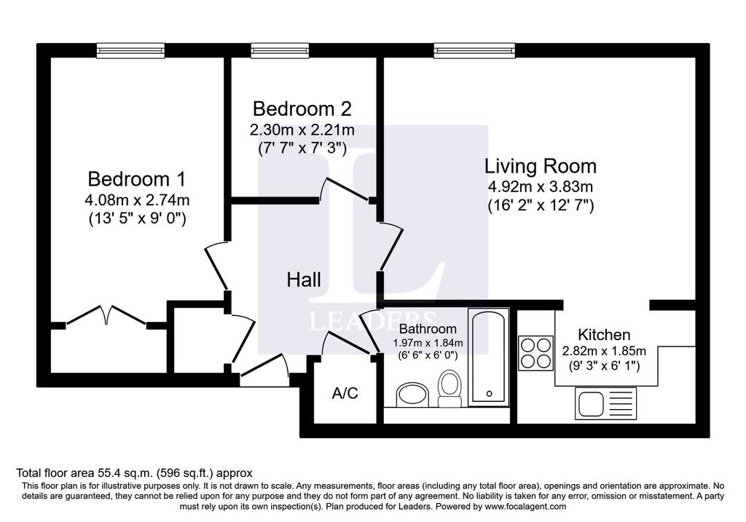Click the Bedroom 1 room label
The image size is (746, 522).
(x=136, y=179)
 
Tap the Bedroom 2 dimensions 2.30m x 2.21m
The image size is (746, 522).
(x=302, y=130)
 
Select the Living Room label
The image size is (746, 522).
(x=541, y=167)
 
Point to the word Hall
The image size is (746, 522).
(x=304, y=280)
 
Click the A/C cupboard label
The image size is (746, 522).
(x=345, y=393)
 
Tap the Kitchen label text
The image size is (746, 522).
(x=604, y=335)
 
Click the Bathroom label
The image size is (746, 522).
(x=428, y=328)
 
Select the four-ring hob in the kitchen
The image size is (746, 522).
(x=535, y=353)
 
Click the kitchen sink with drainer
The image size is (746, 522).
(x=605, y=403)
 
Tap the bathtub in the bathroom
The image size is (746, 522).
(x=489, y=357)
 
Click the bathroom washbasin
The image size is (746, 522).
(x=412, y=395)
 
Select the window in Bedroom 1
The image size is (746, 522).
(x=130, y=50)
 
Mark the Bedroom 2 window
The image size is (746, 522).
(x=280, y=50)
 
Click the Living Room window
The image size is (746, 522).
(x=474, y=50)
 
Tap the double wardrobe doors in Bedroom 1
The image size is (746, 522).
(x=106, y=315)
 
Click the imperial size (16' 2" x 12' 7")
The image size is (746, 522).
(x=541, y=206)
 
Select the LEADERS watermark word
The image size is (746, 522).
(x=372, y=321)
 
